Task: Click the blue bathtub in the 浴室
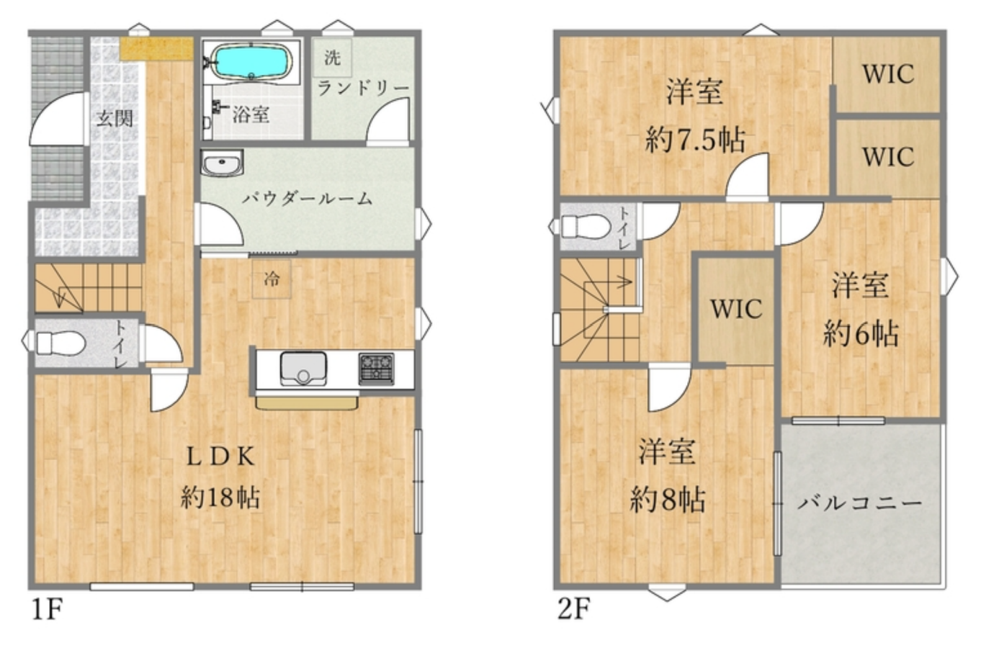(251, 62)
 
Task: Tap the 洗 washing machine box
(332, 58)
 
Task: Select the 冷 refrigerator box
(272, 279)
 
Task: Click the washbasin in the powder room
(222, 163)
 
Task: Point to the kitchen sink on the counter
(303, 369)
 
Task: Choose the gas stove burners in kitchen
(376, 369)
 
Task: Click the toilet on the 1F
(61, 343)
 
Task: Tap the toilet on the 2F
(586, 226)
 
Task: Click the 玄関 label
(115, 118)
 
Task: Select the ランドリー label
(363, 89)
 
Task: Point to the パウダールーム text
(308, 199)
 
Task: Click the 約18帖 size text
(220, 498)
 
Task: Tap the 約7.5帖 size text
(695, 140)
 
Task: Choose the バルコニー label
(859, 503)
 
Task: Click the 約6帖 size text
(861, 334)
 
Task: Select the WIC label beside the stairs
(737, 309)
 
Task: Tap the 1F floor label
(47, 608)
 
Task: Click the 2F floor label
(574, 608)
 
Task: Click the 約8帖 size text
(668, 500)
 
